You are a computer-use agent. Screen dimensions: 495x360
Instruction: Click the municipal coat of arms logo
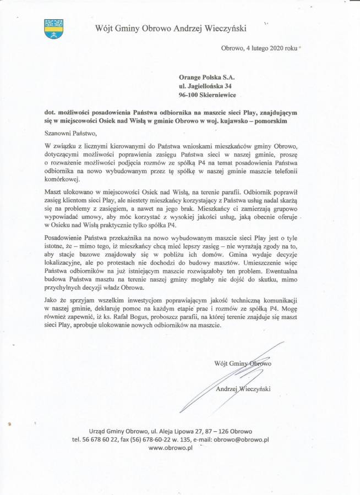tap(53, 29)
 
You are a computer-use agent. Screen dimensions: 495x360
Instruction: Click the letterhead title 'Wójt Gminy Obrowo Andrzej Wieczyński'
tap(171, 28)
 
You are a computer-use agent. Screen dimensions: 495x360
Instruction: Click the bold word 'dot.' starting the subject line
tap(52, 112)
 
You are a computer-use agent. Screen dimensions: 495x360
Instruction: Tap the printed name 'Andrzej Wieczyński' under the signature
tap(242, 389)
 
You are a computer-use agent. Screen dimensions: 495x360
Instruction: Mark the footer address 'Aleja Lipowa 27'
tap(186, 431)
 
